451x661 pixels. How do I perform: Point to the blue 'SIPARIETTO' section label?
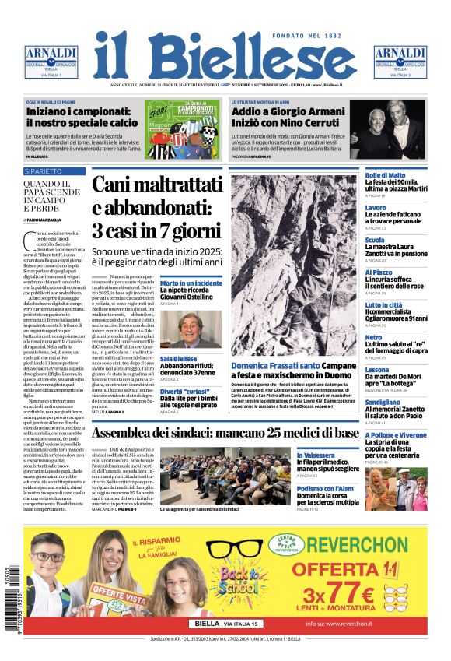pyautogui.click(x=44, y=171)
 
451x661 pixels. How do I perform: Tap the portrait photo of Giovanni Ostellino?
pyautogui.click(x=191, y=329)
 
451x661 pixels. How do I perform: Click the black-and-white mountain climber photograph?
pyautogui.click(x=294, y=265)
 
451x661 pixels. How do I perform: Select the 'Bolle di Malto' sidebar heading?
pyautogui.click(x=385, y=176)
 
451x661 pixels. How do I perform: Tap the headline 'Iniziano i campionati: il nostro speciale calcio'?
pyautogui.click(x=81, y=117)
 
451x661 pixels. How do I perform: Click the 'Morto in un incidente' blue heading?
pyautogui.click(x=191, y=283)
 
